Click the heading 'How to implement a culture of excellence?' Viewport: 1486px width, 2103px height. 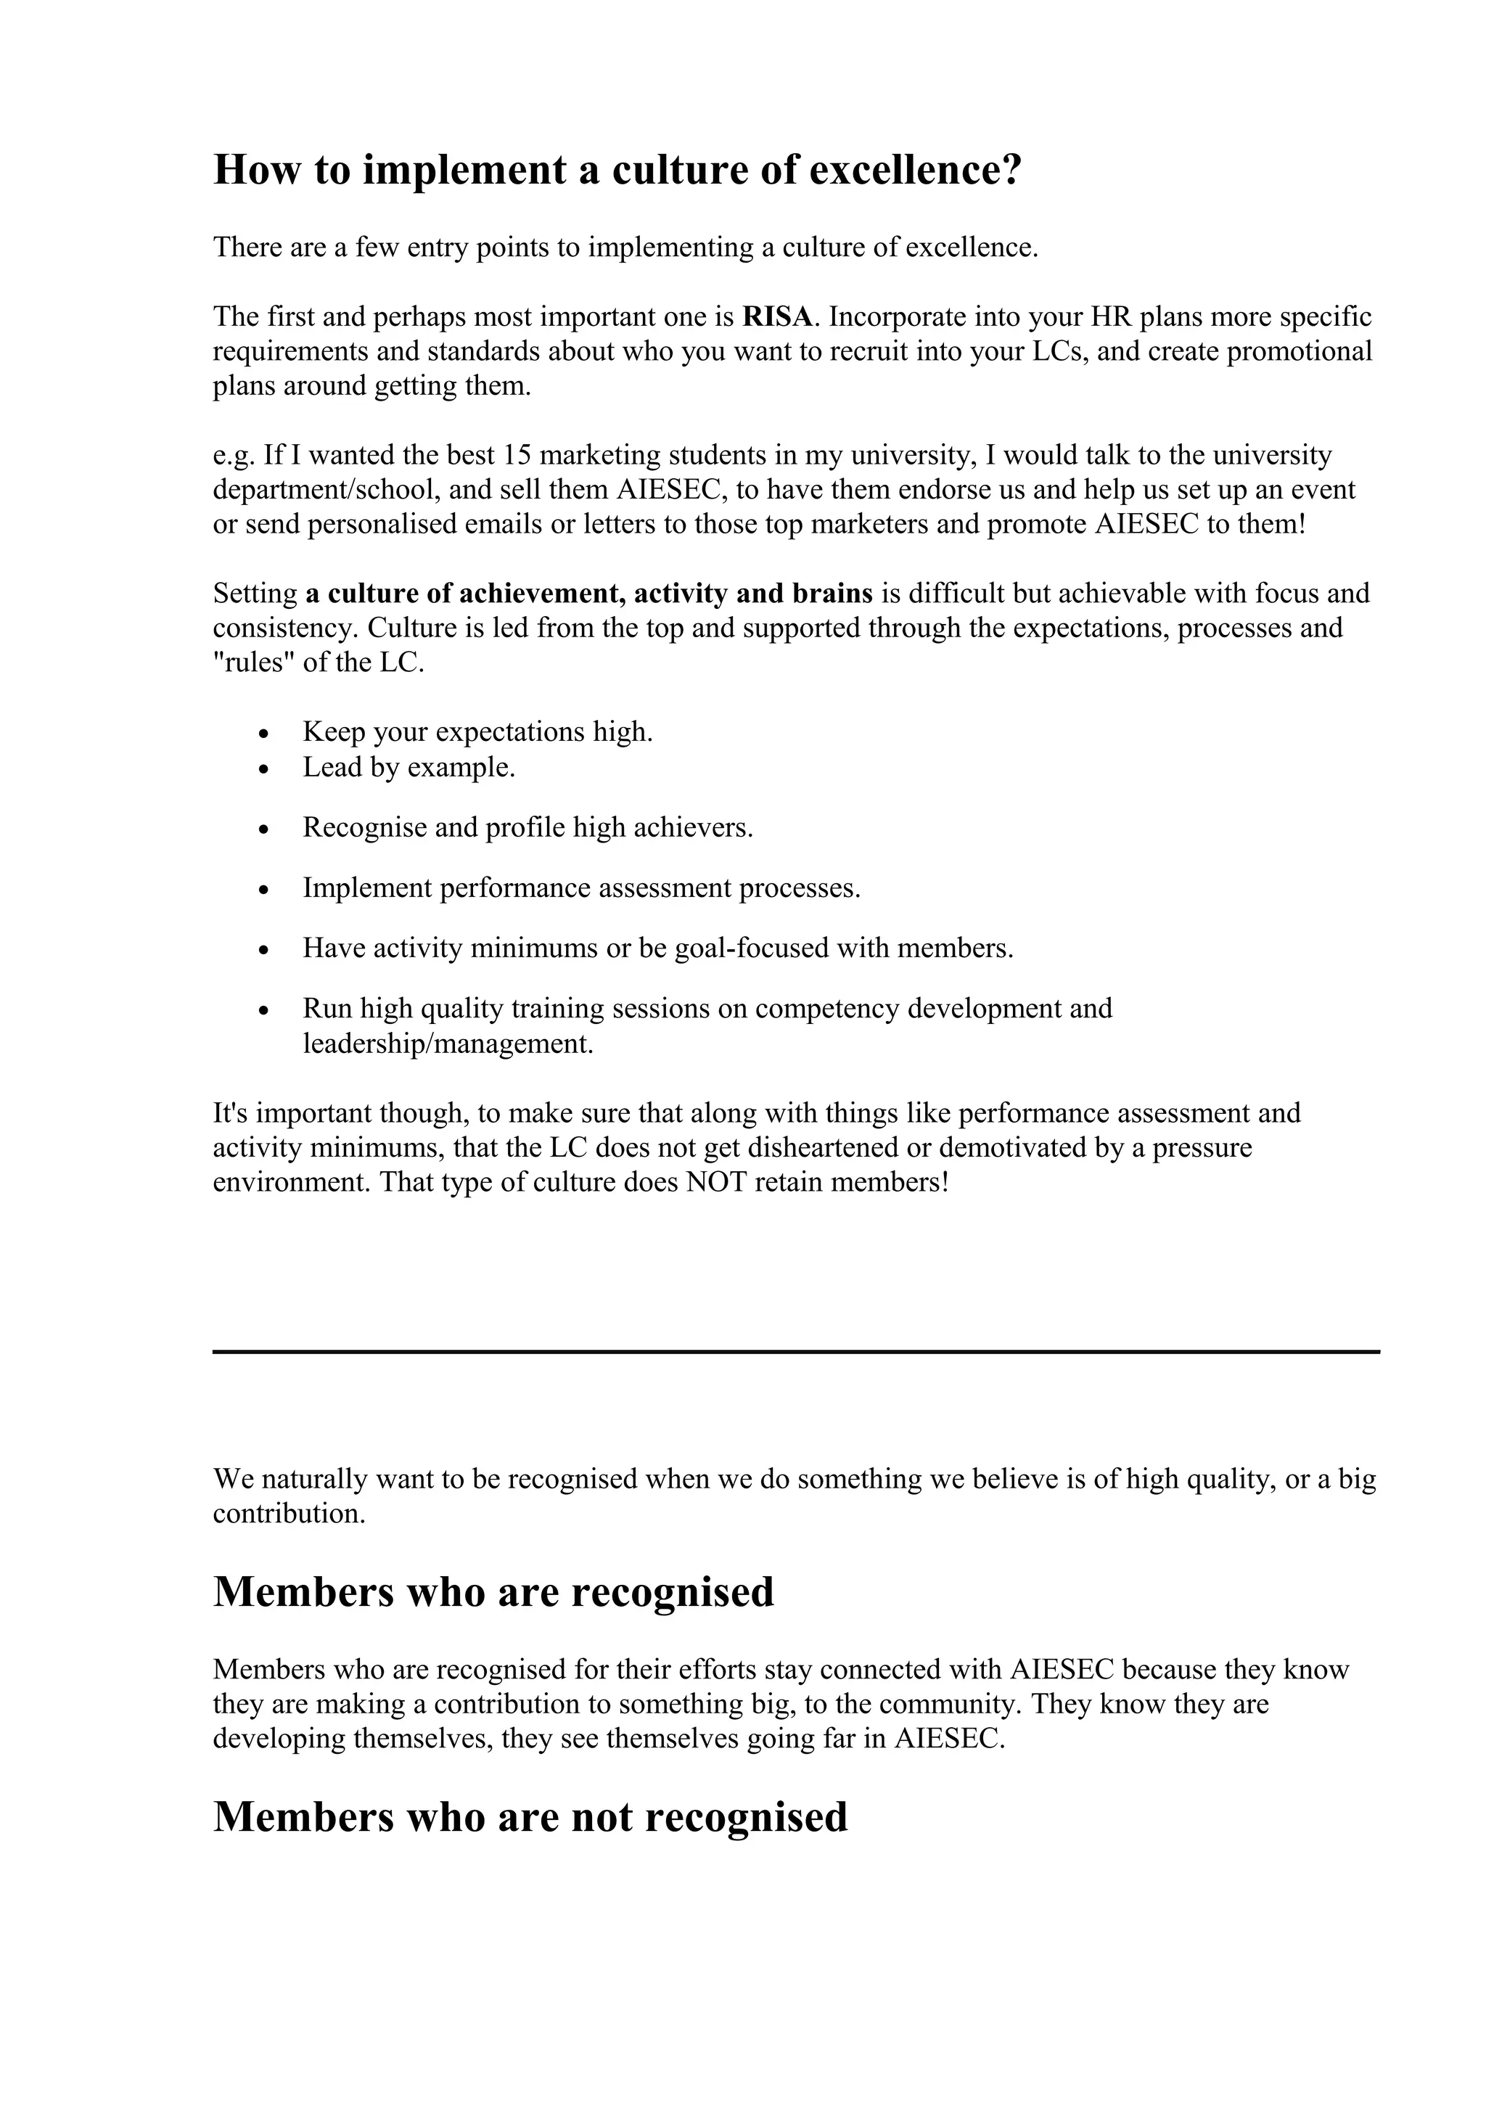616,171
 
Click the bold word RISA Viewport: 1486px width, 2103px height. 776,317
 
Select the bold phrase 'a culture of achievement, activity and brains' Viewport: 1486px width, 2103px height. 588,594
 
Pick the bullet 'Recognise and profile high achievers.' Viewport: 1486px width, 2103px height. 528,828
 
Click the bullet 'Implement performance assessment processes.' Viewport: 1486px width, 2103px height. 581,888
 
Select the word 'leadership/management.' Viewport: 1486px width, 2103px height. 448,1044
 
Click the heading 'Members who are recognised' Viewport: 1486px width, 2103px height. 493,1592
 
